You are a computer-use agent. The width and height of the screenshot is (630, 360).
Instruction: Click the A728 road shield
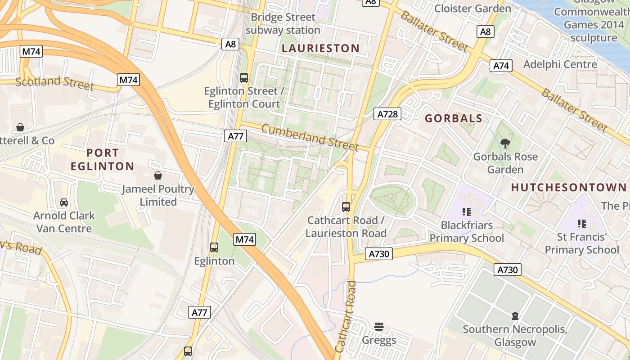(x=387, y=114)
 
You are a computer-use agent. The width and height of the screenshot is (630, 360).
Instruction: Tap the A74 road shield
(x=501, y=66)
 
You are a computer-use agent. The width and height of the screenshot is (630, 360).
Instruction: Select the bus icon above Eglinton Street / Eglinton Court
(x=244, y=77)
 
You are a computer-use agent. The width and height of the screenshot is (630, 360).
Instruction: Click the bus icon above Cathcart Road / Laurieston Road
(x=346, y=207)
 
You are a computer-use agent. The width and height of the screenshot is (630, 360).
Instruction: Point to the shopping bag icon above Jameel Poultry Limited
(x=158, y=175)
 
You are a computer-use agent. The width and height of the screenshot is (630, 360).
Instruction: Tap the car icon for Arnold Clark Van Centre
(x=64, y=202)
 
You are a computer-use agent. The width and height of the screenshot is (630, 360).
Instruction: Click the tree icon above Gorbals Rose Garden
(x=505, y=144)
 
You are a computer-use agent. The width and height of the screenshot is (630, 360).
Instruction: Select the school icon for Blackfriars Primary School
(x=467, y=211)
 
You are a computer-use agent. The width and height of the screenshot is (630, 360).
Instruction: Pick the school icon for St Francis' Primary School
(x=582, y=223)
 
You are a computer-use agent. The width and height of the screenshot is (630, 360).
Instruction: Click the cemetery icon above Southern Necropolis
(x=515, y=316)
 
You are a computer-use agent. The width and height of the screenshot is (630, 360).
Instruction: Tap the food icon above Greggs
(x=379, y=326)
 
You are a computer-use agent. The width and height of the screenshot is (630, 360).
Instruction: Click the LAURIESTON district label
(x=320, y=48)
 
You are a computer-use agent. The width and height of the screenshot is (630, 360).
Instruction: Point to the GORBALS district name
(x=454, y=118)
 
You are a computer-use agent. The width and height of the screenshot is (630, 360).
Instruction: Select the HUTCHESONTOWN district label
(x=569, y=187)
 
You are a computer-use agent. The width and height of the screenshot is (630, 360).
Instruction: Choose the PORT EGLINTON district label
(x=103, y=159)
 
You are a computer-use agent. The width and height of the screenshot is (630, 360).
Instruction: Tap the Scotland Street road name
(x=54, y=83)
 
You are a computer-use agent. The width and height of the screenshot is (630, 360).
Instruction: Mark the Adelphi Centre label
(x=560, y=64)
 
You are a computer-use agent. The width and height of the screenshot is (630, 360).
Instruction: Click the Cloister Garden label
(x=472, y=8)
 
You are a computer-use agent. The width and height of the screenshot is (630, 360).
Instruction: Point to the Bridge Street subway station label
(x=283, y=24)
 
